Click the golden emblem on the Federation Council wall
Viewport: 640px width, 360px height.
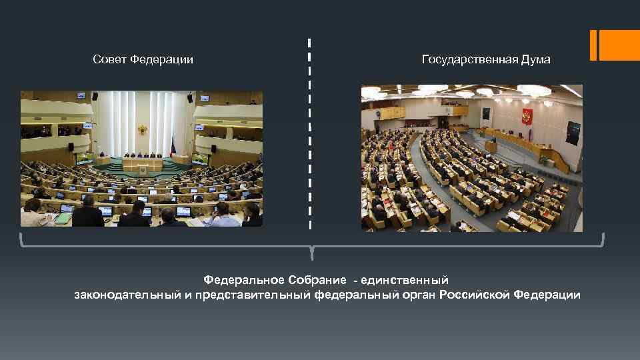142,129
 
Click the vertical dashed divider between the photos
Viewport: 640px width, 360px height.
310,133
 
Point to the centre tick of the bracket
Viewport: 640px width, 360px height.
312,253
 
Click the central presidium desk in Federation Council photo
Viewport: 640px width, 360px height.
141,163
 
